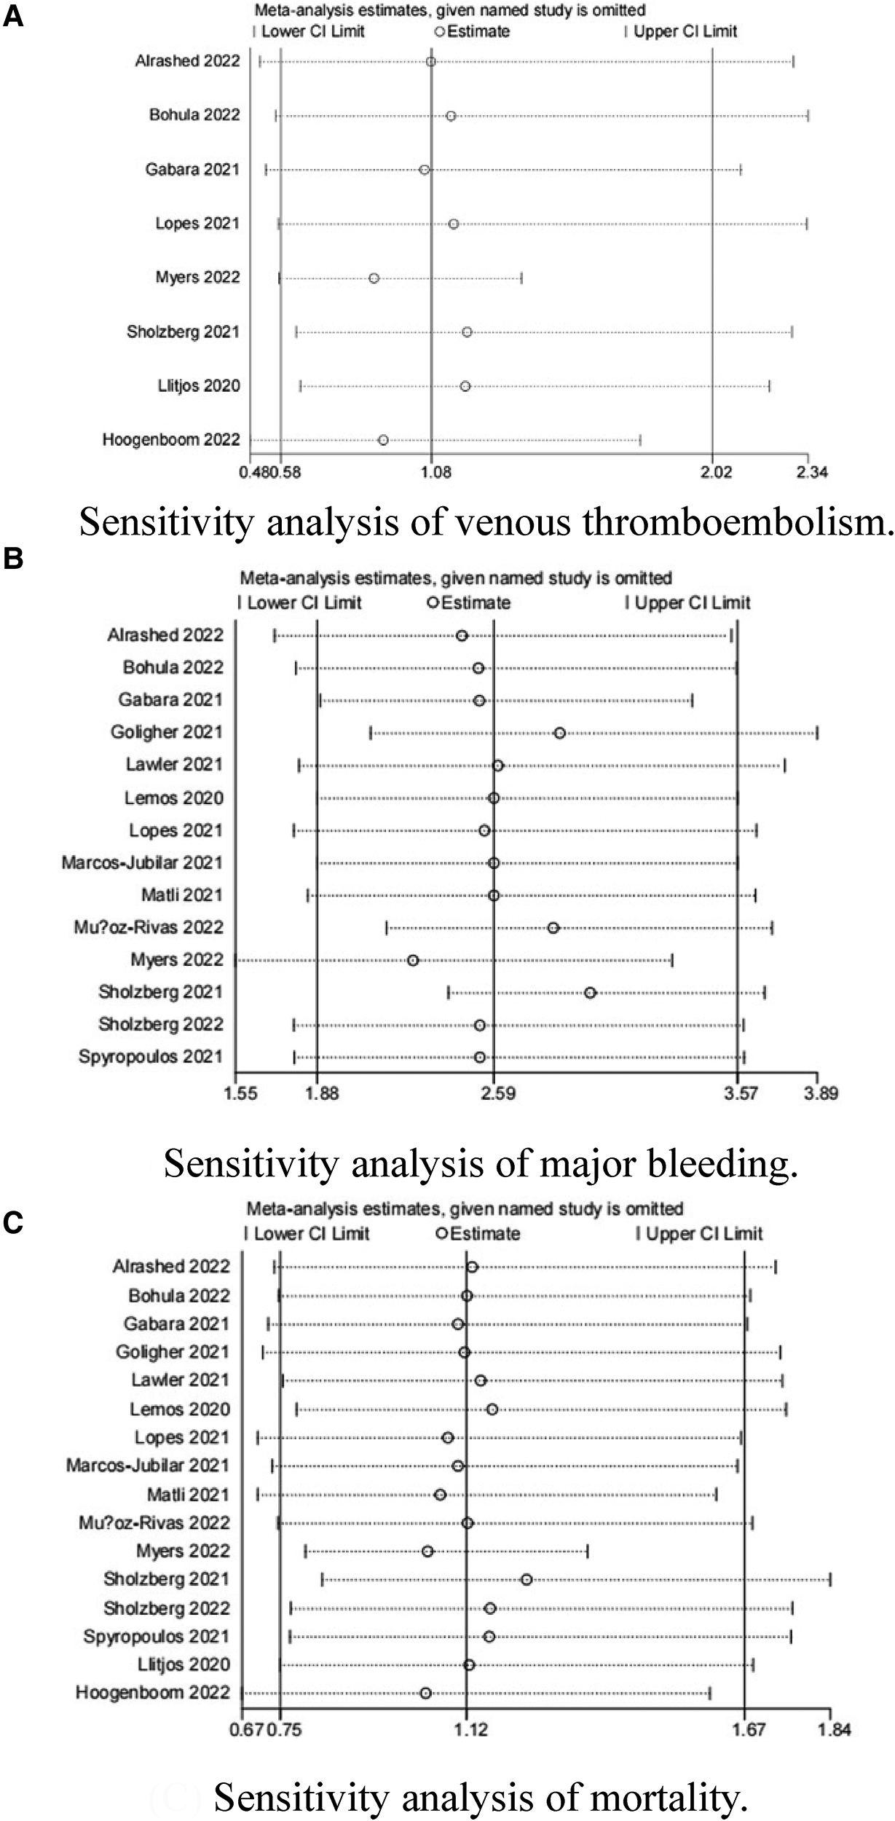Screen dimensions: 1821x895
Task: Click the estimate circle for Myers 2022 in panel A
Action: pyautogui.click(x=374, y=278)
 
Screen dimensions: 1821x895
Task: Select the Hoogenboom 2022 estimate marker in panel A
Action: pyautogui.click(x=383, y=440)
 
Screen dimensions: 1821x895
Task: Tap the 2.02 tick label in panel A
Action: pyautogui.click(x=716, y=472)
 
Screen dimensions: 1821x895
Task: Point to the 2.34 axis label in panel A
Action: pyautogui.click(x=812, y=472)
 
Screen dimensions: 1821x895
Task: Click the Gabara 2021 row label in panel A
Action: pyautogui.click(x=192, y=170)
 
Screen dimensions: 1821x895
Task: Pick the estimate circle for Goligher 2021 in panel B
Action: pyautogui.click(x=559, y=733)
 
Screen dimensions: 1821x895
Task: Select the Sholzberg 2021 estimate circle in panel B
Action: pyautogui.click(x=590, y=993)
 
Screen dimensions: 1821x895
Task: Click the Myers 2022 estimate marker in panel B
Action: pyautogui.click(x=413, y=960)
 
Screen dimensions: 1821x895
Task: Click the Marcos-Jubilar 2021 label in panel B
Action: pyautogui.click(x=142, y=863)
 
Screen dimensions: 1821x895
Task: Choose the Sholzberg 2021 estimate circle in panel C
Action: pyautogui.click(x=527, y=1580)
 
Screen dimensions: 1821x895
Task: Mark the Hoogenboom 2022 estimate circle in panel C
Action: pyautogui.click(x=425, y=1694)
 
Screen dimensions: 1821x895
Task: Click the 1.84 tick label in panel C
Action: pyautogui.click(x=833, y=1730)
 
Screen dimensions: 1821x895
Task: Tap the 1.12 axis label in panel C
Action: pyautogui.click(x=471, y=1730)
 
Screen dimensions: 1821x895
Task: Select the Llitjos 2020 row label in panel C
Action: pyautogui.click(x=184, y=1665)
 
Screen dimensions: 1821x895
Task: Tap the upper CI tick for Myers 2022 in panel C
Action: pyautogui.click(x=587, y=1551)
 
